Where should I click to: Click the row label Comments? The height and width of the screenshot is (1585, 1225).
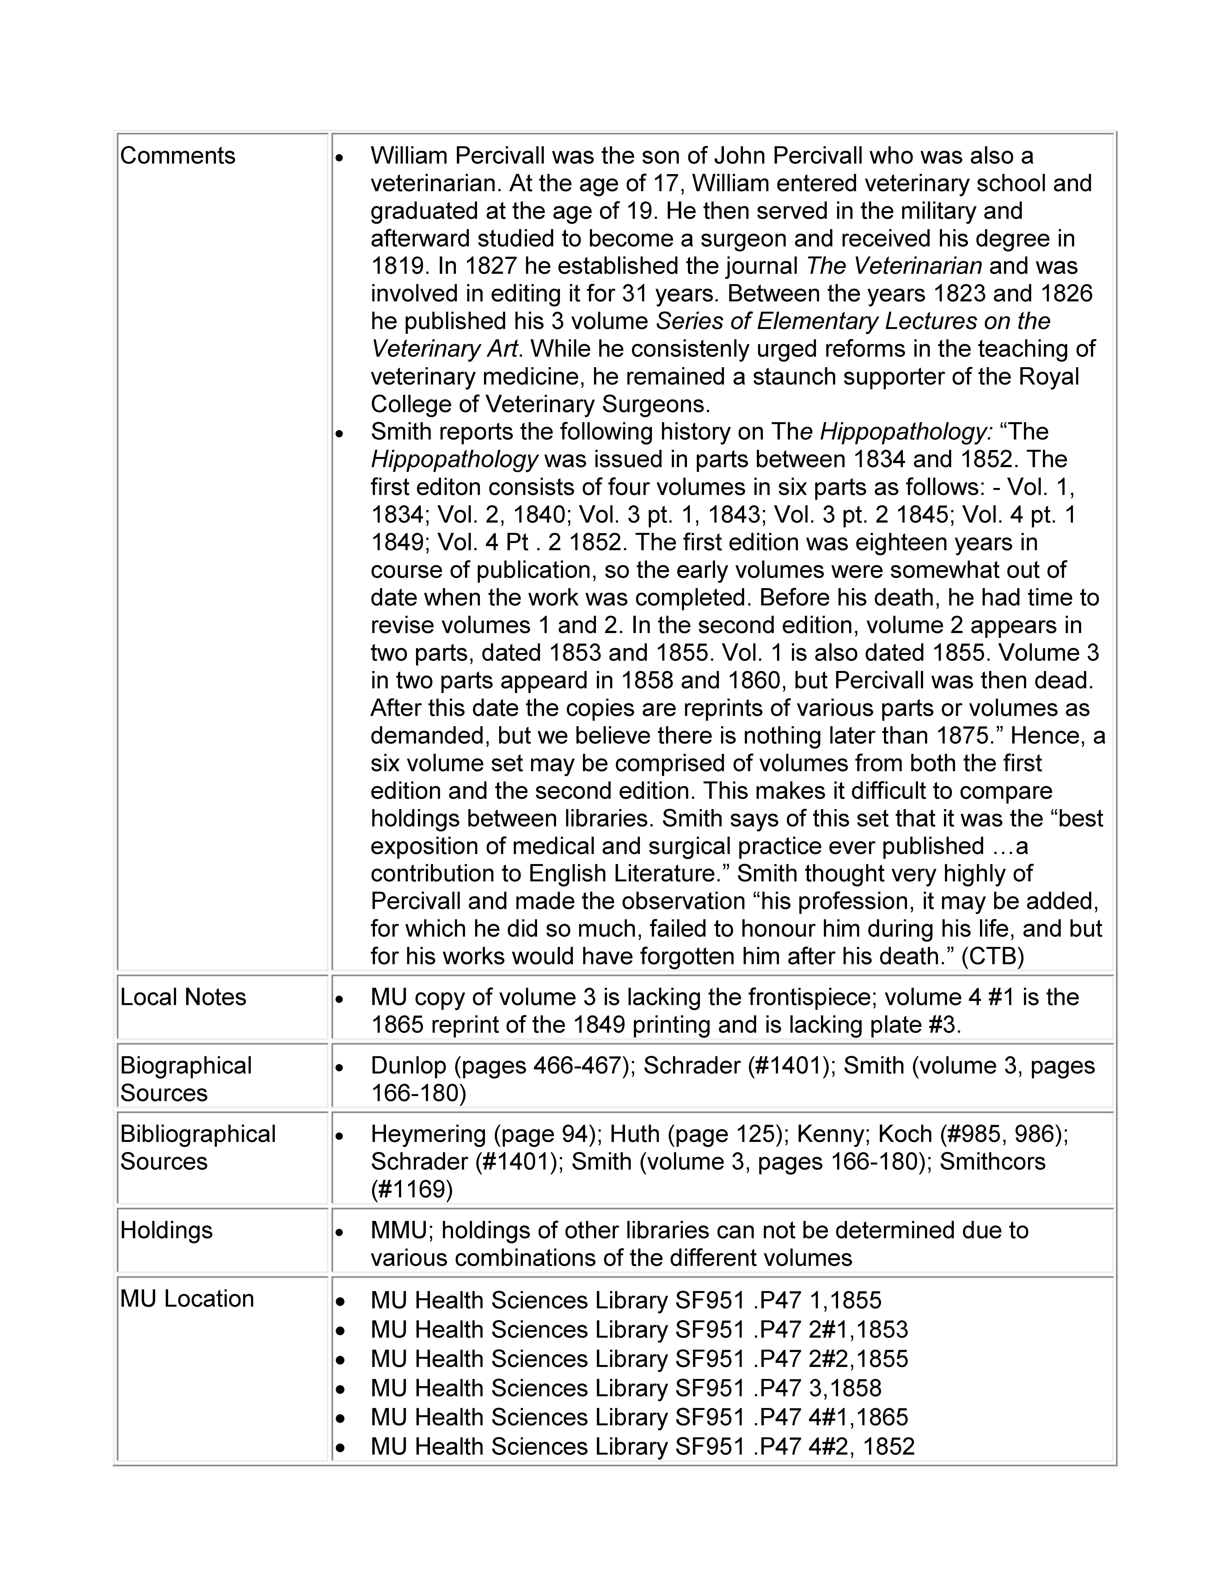pyautogui.click(x=178, y=156)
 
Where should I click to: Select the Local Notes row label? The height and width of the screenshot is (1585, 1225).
pyautogui.click(x=183, y=997)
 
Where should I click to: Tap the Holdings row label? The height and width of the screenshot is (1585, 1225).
pyautogui.click(x=166, y=1230)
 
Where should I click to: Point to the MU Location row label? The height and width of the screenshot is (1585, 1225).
pyautogui.click(x=187, y=1298)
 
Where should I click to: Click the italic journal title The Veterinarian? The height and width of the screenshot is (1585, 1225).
pyautogui.click(x=894, y=266)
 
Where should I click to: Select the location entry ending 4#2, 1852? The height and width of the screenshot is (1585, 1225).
pyautogui.click(x=642, y=1446)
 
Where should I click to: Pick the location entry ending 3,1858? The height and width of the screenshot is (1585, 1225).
pyautogui.click(x=625, y=1388)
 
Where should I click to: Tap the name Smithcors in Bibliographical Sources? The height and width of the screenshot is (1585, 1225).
pyautogui.click(x=992, y=1161)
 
